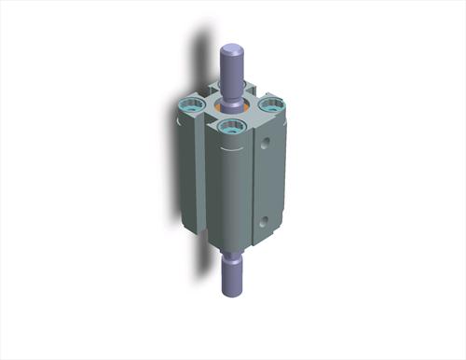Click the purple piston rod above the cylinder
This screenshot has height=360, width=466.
(232, 65)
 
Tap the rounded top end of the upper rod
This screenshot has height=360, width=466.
(232, 45)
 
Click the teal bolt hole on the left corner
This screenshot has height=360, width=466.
(190, 108)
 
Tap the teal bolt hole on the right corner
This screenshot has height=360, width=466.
(270, 106)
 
